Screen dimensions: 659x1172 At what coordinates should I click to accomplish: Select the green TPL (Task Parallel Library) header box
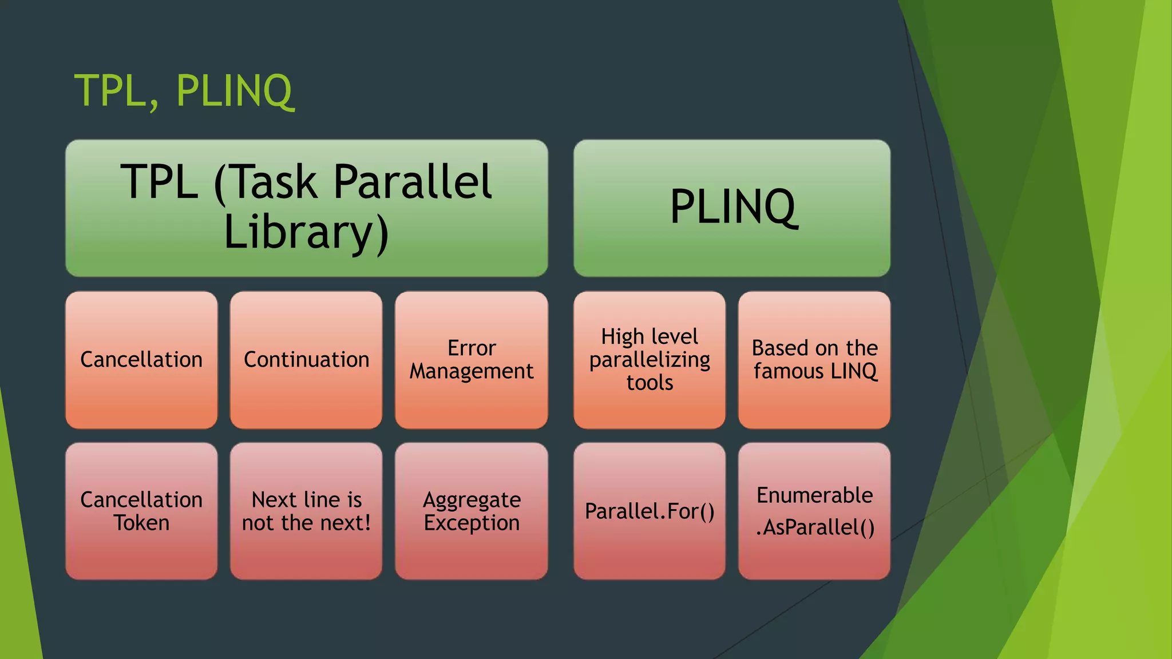(x=307, y=208)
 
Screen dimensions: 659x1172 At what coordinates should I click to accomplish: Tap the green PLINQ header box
(x=732, y=208)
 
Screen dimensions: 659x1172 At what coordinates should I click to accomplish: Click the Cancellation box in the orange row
(x=141, y=360)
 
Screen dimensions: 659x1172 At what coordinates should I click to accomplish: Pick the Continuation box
(x=306, y=360)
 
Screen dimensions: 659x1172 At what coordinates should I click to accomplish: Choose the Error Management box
(x=472, y=360)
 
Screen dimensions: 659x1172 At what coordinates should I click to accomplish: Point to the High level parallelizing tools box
(x=650, y=360)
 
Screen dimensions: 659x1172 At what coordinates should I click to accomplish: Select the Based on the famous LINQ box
(x=814, y=360)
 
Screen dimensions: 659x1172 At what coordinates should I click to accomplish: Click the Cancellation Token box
(x=141, y=511)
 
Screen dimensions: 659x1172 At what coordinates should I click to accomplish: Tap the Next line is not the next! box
(x=306, y=511)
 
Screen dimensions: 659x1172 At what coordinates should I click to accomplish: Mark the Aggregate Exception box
(x=472, y=511)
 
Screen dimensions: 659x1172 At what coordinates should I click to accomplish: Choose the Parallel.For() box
(x=650, y=511)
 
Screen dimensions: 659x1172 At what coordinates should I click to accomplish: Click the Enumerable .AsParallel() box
(x=814, y=511)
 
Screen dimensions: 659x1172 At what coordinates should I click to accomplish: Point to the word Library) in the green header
(x=307, y=233)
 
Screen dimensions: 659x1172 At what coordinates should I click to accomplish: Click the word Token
(x=141, y=523)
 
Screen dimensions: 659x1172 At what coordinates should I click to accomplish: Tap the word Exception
(x=472, y=523)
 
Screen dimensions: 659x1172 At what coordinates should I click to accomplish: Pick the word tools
(x=650, y=383)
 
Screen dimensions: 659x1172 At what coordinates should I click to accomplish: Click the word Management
(x=472, y=371)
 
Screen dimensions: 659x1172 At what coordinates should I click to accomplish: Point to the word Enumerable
(x=814, y=495)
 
